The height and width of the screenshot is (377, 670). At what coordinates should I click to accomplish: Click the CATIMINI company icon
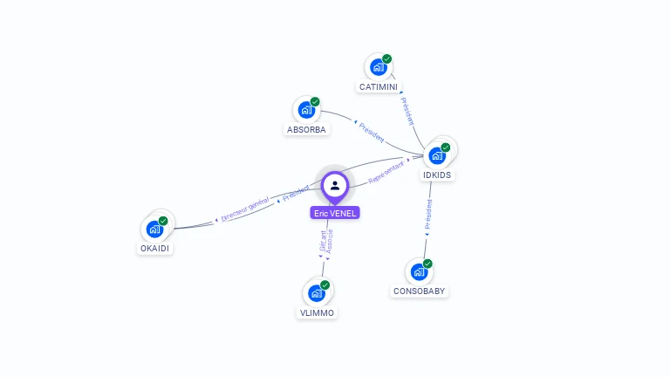[378, 67]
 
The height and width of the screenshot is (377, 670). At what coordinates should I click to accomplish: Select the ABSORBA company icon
[306, 110]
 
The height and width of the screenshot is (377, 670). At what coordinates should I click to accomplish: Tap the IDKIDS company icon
[437, 155]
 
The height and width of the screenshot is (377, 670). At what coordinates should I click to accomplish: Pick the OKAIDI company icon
[154, 229]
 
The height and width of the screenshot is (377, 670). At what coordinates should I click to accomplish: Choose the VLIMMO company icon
[316, 293]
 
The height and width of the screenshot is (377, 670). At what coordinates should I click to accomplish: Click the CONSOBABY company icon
[419, 271]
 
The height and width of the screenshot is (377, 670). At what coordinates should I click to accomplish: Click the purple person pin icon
[335, 186]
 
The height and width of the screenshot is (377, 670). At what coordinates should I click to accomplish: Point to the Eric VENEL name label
[335, 213]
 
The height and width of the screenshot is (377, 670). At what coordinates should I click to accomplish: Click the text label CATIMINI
[379, 87]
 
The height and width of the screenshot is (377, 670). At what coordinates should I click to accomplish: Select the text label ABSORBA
[306, 130]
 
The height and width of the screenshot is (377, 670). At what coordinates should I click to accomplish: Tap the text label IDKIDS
[438, 175]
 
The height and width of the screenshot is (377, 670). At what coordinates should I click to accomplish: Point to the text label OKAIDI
[155, 249]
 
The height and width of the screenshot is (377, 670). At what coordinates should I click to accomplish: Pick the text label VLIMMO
[317, 312]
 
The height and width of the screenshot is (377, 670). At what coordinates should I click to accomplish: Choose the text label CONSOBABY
[420, 291]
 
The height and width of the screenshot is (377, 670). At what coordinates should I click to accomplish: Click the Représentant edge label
[387, 171]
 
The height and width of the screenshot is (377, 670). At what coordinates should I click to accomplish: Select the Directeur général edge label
[245, 209]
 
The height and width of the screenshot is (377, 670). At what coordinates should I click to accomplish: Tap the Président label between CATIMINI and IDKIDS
[407, 111]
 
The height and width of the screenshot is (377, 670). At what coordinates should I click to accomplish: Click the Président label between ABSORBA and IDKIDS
[371, 132]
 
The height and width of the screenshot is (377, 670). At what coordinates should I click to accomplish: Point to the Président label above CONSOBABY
[428, 215]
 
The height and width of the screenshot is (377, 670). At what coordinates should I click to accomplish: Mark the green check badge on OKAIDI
[163, 221]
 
